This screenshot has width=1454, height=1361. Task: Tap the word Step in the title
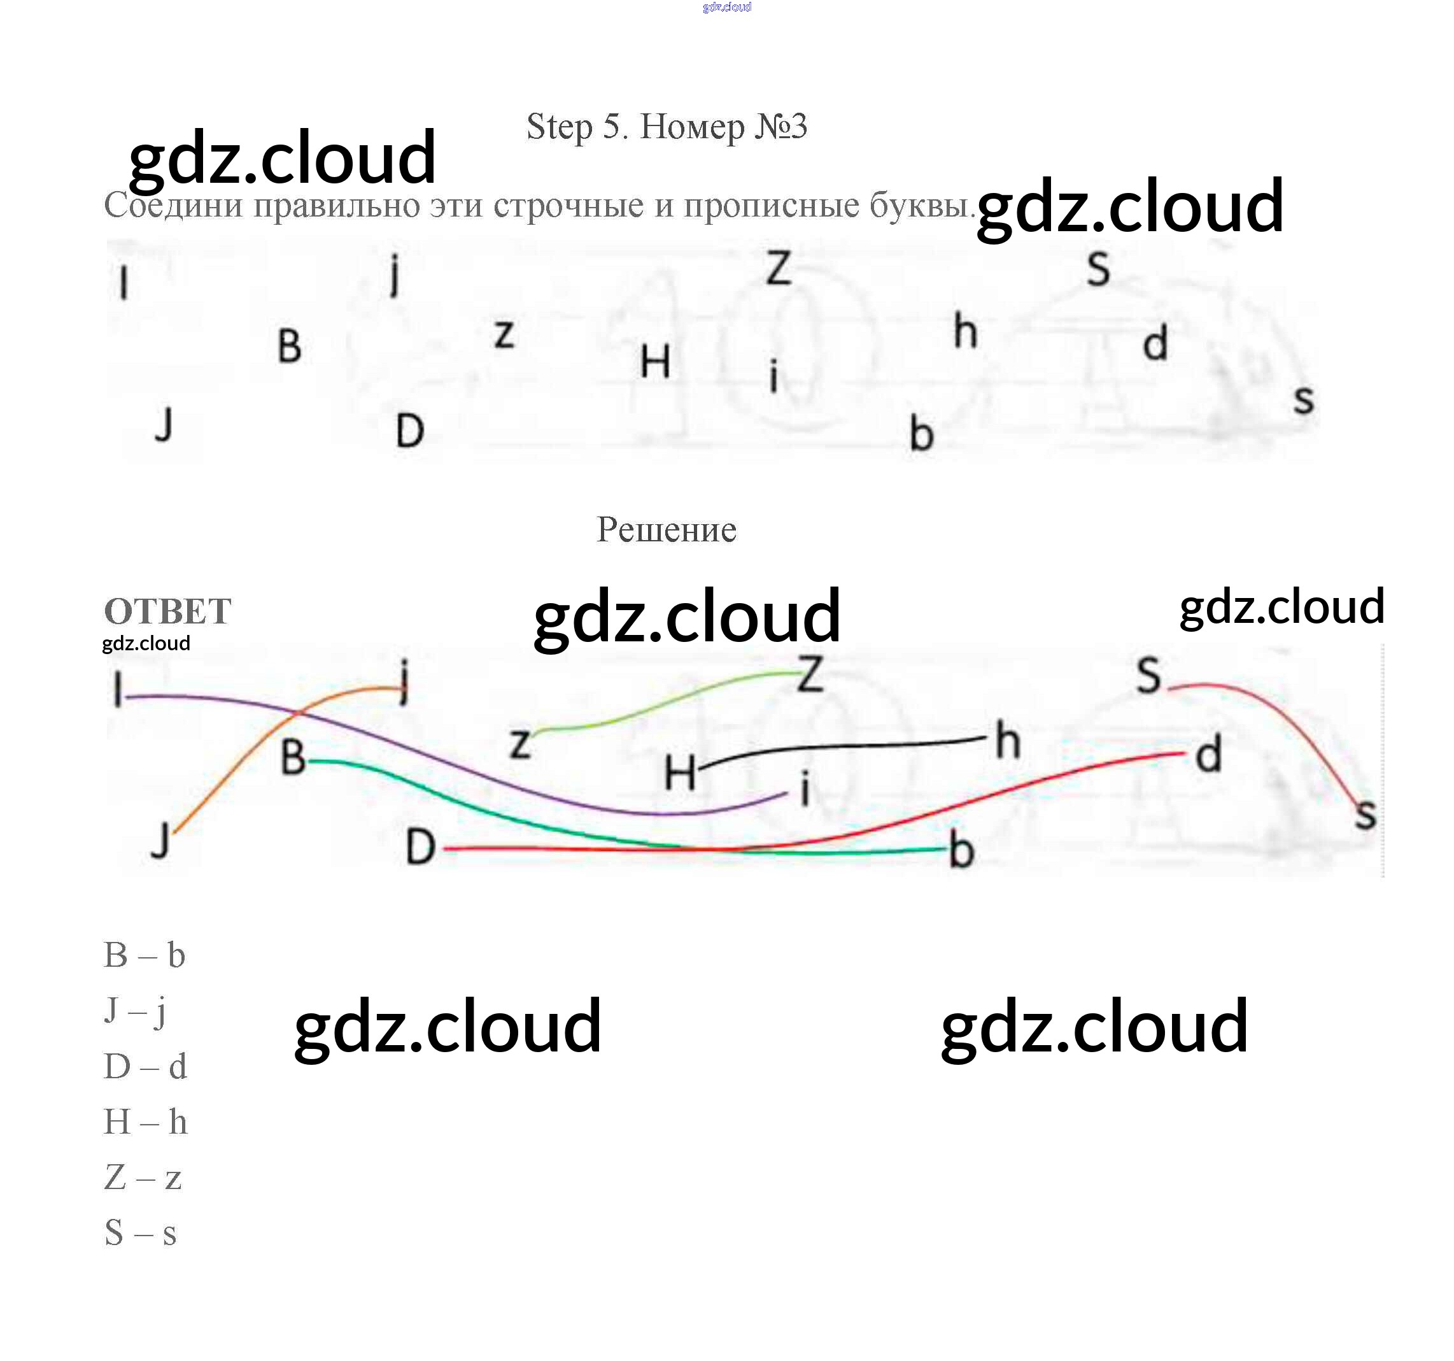[x=559, y=127]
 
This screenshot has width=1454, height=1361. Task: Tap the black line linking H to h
[x=841, y=747]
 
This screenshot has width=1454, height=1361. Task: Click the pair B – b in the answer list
[x=144, y=955]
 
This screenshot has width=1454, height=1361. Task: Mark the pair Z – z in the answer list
[x=143, y=1178]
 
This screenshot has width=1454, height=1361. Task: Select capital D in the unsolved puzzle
[x=409, y=431]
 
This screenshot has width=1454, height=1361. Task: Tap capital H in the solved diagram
[x=679, y=773]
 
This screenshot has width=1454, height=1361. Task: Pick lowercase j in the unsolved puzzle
[x=395, y=274]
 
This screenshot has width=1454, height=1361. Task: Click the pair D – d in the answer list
[x=145, y=1067]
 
